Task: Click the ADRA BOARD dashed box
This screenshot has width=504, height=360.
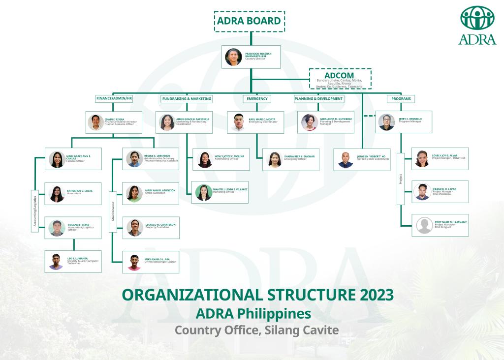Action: pyautogui.click(x=249, y=21)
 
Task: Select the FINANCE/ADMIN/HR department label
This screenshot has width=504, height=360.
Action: pyautogui.click(x=114, y=99)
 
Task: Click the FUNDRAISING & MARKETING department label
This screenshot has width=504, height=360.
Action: pyautogui.click(x=187, y=99)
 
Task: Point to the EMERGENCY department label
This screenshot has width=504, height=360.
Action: pyautogui.click(x=257, y=99)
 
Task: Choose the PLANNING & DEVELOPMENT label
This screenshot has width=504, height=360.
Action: pyautogui.click(x=319, y=99)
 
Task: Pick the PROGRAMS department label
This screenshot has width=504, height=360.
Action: pyautogui.click(x=401, y=99)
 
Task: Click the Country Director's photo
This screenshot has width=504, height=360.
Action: pyautogui.click(x=233, y=57)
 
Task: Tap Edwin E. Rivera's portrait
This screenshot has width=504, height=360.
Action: pyautogui.click(x=95, y=122)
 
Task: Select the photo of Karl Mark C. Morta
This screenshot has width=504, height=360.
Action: pyautogui.click(x=238, y=122)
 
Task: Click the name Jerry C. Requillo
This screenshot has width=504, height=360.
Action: pyautogui.click(x=410, y=119)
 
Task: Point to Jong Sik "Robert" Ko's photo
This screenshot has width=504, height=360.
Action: pyautogui.click(x=346, y=159)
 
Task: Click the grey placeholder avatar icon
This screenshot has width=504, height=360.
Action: pyautogui.click(x=424, y=225)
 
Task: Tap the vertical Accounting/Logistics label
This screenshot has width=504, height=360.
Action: pyautogui.click(x=35, y=211)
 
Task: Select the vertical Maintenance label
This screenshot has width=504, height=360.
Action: pyautogui.click(x=113, y=210)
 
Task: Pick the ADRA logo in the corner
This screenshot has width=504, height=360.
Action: pyautogui.click(x=477, y=25)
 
